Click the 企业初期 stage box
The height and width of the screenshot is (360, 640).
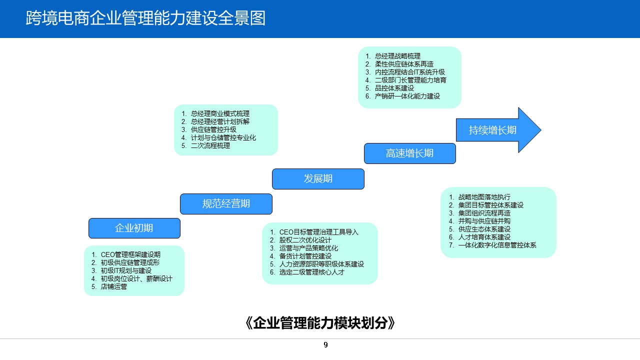pyautogui.click(x=134, y=228)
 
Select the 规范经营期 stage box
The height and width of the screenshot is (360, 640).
pyautogui.click(x=226, y=203)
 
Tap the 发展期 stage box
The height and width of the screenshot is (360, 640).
pyautogui.click(x=318, y=178)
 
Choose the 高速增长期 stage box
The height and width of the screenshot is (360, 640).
pyautogui.click(x=409, y=153)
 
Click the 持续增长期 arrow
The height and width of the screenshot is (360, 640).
pyautogui.click(x=493, y=130)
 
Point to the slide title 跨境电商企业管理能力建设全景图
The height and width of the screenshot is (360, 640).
pyautogui.click(x=145, y=18)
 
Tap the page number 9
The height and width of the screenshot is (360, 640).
pyautogui.click(x=326, y=345)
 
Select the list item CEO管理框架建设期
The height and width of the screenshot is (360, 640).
pyautogui.click(x=130, y=254)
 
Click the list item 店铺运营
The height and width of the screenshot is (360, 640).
pyautogui.click(x=114, y=286)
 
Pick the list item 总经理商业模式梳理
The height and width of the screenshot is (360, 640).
pyautogui.click(x=220, y=113)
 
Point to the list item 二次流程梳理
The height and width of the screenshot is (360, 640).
pyautogui.click(x=210, y=145)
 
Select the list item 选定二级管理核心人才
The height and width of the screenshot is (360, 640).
pyautogui.click(x=312, y=272)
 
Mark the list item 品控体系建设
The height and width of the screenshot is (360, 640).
pyautogui.click(x=394, y=88)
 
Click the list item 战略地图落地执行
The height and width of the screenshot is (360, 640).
pyautogui.click(x=484, y=197)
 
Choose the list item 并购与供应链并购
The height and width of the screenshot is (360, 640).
pyautogui.click(x=484, y=221)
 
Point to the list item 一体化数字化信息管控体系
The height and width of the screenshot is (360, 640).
pyautogui.click(x=497, y=245)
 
